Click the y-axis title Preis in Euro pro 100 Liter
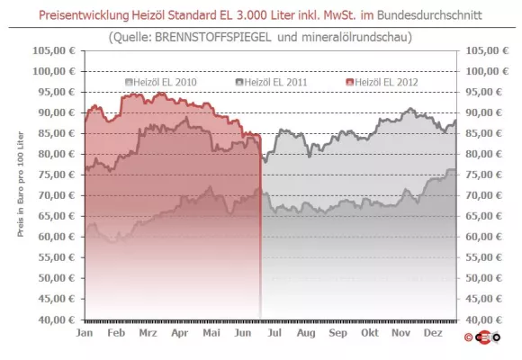coord(20,185)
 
